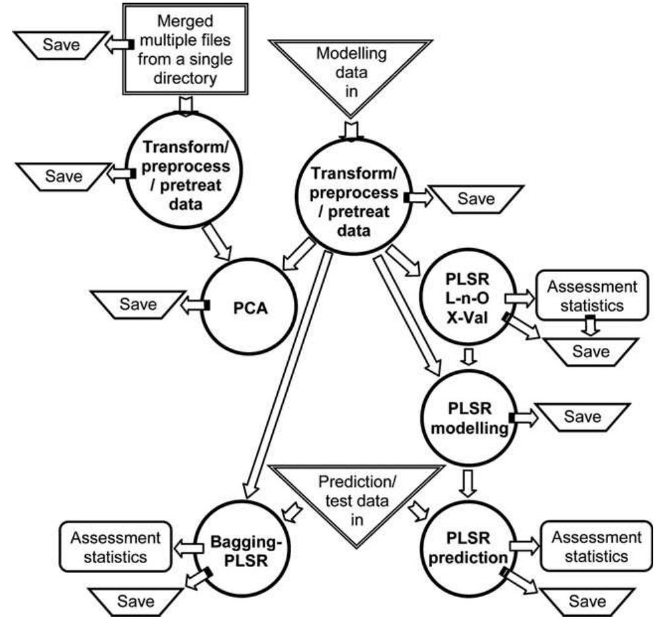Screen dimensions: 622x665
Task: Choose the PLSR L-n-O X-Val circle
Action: pyautogui.click(x=468, y=298)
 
